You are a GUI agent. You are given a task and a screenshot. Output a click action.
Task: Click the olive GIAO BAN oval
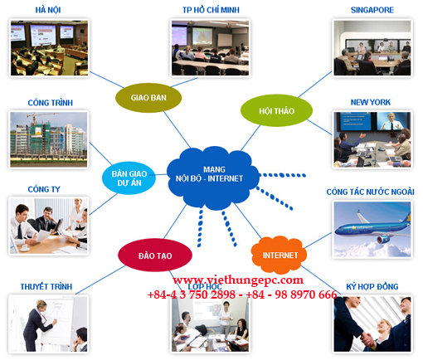pyautogui.click(x=148, y=98)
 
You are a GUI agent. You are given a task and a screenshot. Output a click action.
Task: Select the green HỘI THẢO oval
pyautogui.click(x=276, y=110)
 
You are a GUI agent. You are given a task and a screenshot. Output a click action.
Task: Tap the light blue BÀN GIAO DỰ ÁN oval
pyautogui.click(x=129, y=178)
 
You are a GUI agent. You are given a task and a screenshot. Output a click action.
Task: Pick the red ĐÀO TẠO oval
pyautogui.click(x=155, y=255)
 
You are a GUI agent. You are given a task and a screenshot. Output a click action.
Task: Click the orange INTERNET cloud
pyautogui.click(x=280, y=255)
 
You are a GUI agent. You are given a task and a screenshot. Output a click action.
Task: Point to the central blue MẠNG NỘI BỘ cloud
pyautogui.click(x=213, y=177)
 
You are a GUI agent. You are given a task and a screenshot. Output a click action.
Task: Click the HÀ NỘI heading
pyautogui.click(x=48, y=10)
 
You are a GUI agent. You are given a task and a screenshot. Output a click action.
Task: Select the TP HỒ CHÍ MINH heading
pyautogui.click(x=211, y=10)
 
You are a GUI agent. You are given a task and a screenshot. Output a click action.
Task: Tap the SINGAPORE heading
pyautogui.click(x=372, y=10)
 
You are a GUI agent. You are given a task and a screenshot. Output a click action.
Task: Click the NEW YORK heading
pyautogui.click(x=371, y=102)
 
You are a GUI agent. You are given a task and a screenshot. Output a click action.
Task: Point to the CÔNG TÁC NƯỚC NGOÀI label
pyautogui.click(x=370, y=192)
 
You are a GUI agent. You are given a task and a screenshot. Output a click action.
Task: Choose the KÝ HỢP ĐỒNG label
pyautogui.click(x=372, y=286)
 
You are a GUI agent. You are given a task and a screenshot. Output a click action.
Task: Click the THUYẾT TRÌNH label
pyautogui.click(x=46, y=286)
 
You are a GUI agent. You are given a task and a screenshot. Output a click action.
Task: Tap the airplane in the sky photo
pyautogui.click(x=372, y=227)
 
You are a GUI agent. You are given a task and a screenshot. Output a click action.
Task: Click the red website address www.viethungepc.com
pyautogui.click(x=238, y=280)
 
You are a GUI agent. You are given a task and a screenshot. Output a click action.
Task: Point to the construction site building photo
pyautogui.click(x=49, y=139)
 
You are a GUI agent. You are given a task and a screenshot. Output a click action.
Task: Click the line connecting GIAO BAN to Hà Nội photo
pyautogui.click(x=107, y=80)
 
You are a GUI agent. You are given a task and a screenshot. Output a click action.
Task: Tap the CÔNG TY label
pyautogui.click(x=44, y=189)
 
